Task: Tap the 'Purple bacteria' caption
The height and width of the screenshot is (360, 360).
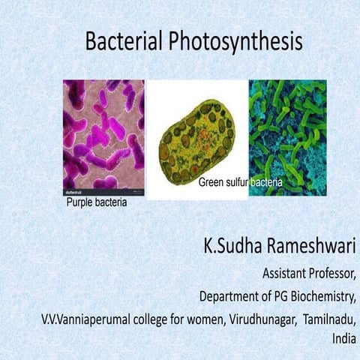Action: coord(97,202)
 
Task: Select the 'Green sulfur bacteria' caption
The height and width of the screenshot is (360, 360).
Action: coord(240,183)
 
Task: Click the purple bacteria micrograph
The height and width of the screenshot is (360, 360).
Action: coord(103,135)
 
